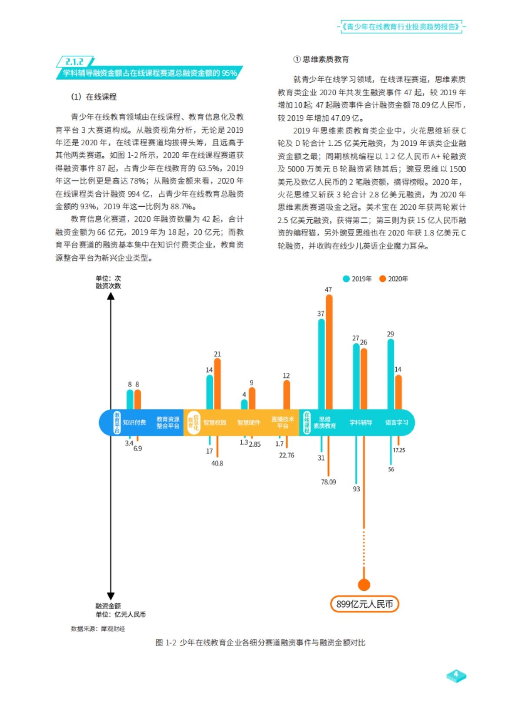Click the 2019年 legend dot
click(346, 279)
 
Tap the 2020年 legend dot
click(382, 279)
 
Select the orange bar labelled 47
click(329, 352)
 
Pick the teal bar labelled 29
click(391, 374)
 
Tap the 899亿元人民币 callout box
click(365, 604)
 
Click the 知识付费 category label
click(134, 422)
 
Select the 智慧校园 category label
click(215, 422)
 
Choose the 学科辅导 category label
click(361, 422)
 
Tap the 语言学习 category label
click(397, 422)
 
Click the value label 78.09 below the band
click(328, 482)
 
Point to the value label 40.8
click(217, 464)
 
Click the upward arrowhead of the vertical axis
click(111, 296)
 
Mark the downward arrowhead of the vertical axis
click(111, 596)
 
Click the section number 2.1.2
click(74, 62)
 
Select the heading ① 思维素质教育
click(321, 59)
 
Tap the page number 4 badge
click(456, 675)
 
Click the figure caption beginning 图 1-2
click(260, 643)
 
